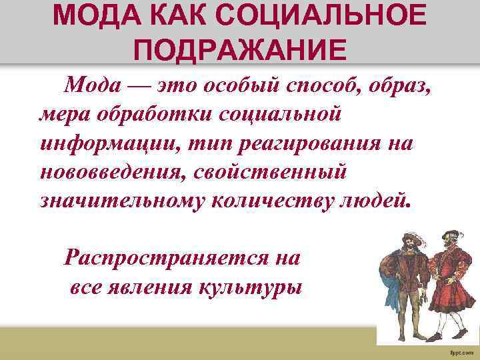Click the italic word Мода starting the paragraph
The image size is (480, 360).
[92, 86]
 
